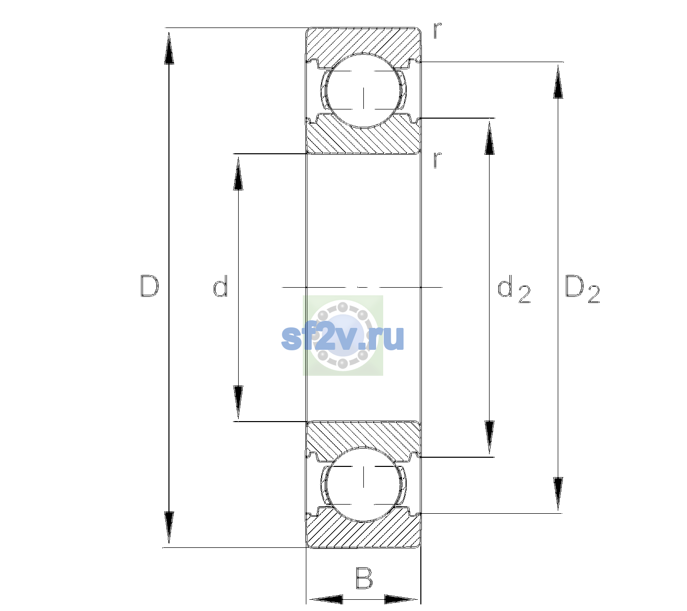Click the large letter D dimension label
149,286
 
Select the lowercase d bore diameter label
220,286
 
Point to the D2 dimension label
582,289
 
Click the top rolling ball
363,91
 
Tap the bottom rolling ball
363,484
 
